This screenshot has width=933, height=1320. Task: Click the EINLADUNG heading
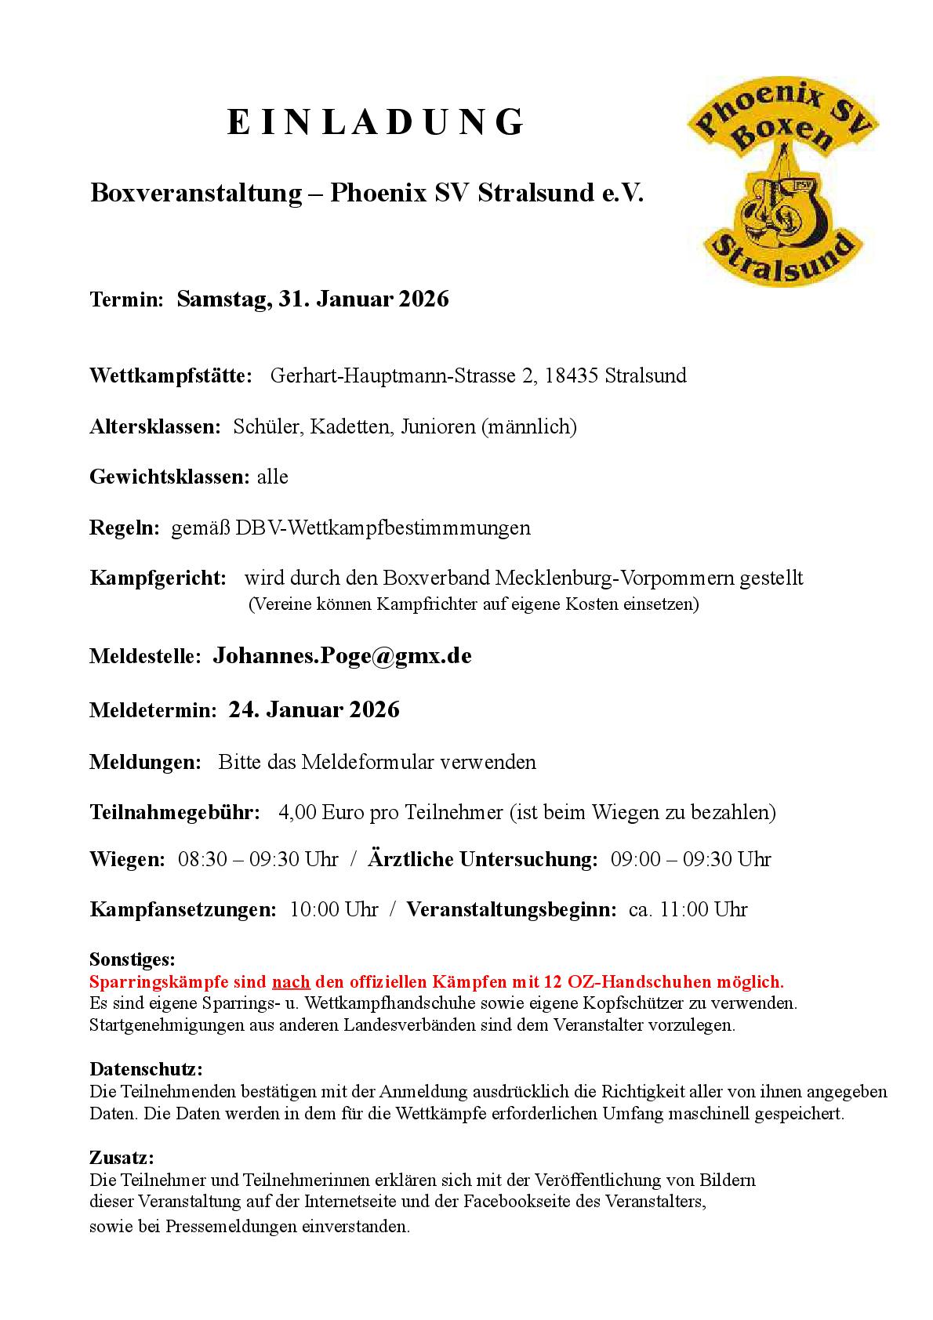click(x=376, y=123)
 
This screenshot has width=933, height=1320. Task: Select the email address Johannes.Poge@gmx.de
click(x=342, y=656)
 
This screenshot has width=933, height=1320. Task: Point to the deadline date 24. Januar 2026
click(x=314, y=710)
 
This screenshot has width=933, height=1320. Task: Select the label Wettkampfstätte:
click(x=171, y=375)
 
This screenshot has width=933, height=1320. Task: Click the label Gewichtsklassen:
click(x=170, y=477)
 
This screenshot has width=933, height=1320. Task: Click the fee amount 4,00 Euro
click(x=321, y=812)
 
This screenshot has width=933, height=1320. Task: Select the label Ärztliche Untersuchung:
click(x=483, y=859)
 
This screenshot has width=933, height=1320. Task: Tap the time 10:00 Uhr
click(x=334, y=909)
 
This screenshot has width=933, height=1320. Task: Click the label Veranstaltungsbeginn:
click(x=511, y=909)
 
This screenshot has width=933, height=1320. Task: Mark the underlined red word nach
click(x=291, y=981)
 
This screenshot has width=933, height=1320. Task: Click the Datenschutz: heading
click(x=146, y=1069)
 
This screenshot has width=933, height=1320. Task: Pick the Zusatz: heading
click(x=122, y=1158)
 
